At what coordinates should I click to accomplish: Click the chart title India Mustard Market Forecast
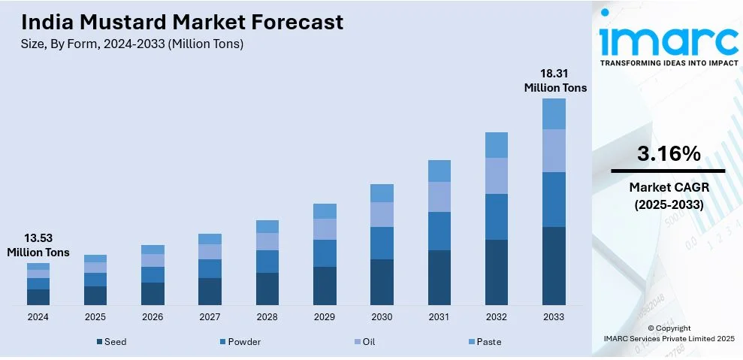183,22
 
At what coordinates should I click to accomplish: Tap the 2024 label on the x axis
38,317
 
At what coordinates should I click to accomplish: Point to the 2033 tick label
554,317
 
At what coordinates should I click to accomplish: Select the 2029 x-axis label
325,317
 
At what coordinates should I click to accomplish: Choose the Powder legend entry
241,342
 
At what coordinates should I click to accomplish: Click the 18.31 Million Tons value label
555,80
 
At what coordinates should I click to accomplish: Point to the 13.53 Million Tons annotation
38,246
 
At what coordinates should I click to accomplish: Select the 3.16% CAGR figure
669,154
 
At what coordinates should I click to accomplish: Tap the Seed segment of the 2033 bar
554,265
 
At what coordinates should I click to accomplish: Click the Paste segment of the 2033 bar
554,113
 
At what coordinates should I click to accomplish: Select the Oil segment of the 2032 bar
497,175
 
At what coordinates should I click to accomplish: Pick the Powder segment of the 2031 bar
439,231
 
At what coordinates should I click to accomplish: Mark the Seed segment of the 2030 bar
382,282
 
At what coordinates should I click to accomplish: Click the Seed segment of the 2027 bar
210,291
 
